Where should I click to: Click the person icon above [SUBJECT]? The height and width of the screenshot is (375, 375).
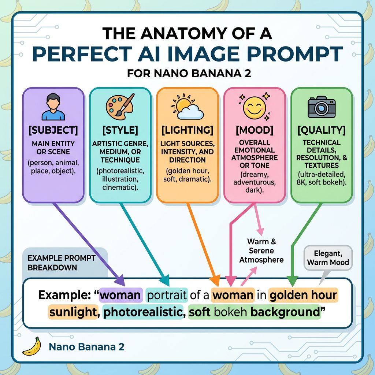(x=53, y=107)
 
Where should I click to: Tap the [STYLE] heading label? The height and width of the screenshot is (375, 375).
(x=120, y=130)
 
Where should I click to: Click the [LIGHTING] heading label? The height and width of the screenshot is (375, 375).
(x=187, y=130)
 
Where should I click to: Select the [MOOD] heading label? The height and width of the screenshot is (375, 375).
(x=254, y=130)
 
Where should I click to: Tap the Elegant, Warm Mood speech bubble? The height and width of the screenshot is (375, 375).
(x=328, y=257)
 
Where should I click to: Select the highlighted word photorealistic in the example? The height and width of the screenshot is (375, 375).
(x=142, y=312)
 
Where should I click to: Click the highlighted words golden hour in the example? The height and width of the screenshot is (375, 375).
(x=303, y=295)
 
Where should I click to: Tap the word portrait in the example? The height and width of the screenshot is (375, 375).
(x=167, y=295)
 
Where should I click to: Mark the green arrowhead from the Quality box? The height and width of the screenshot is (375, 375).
(x=292, y=281)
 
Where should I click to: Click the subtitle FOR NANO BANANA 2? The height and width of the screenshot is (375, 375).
(x=189, y=73)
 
